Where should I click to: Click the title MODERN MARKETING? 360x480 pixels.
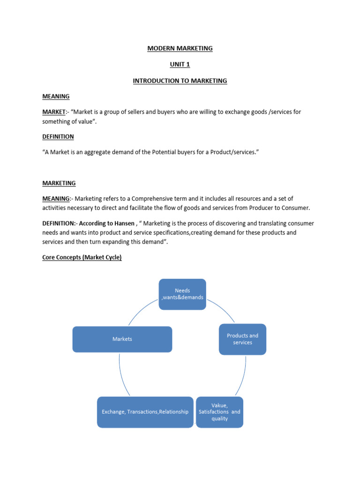point(180,48)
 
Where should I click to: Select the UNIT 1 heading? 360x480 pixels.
point(180,64)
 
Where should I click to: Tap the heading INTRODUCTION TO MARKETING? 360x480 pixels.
point(180,81)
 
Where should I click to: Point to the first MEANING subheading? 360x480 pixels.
point(56,96)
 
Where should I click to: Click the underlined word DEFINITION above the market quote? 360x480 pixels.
point(58,136)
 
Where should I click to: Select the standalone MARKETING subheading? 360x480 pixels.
point(59,183)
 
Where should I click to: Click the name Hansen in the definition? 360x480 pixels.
point(123,224)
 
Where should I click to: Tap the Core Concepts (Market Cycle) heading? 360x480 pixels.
point(82,257)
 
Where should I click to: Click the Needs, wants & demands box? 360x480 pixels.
point(182,294)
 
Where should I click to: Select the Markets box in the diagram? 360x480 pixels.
point(122,339)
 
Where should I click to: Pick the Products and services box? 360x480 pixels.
point(242,339)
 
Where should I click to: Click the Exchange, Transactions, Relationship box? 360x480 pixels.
point(145,412)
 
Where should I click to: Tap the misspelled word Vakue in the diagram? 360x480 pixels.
point(219,405)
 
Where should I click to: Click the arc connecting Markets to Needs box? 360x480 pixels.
point(141,312)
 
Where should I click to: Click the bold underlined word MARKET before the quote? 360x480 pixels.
point(53,112)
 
